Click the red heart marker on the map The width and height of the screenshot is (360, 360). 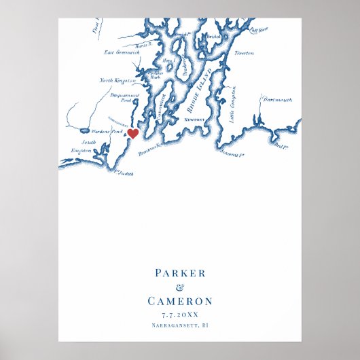(133, 134)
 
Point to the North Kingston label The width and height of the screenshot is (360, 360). (115, 81)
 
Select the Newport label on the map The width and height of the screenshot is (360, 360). (194, 119)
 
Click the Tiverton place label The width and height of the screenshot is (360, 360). (244, 52)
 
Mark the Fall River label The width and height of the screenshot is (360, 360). (260, 29)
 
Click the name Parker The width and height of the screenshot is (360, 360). (179, 273)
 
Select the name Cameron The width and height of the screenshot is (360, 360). (180, 301)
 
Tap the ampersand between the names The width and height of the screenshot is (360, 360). (180, 287)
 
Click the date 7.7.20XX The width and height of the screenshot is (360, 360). (180, 315)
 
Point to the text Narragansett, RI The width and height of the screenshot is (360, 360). (180, 327)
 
